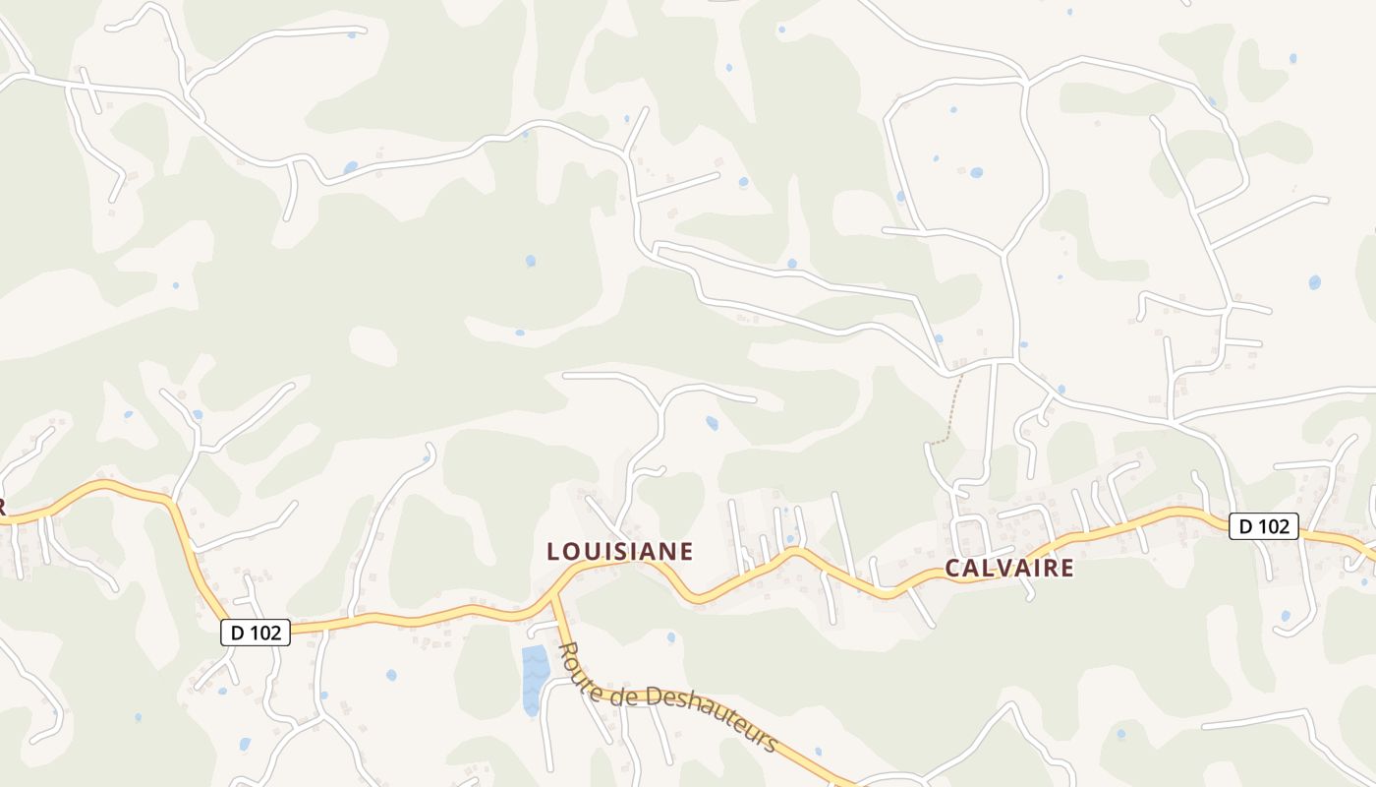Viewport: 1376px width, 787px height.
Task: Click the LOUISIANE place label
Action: (620, 552)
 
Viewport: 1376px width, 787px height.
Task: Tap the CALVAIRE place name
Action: (1009, 568)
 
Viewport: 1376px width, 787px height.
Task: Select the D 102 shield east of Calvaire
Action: (1264, 526)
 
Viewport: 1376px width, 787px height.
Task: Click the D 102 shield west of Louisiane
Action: (256, 633)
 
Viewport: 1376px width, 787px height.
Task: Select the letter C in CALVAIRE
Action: (952, 568)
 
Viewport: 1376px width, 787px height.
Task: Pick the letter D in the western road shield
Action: (237, 633)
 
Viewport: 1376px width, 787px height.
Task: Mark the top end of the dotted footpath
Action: (961, 376)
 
